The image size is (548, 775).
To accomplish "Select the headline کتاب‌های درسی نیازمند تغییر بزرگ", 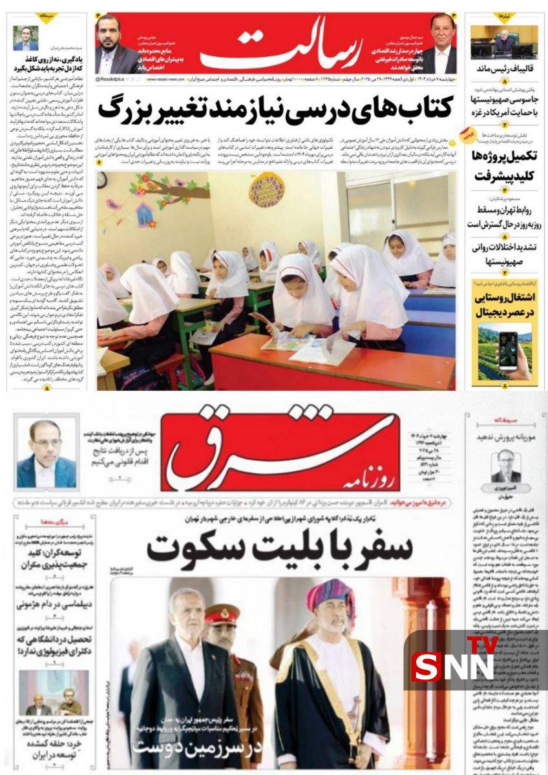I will pos(276,108).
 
